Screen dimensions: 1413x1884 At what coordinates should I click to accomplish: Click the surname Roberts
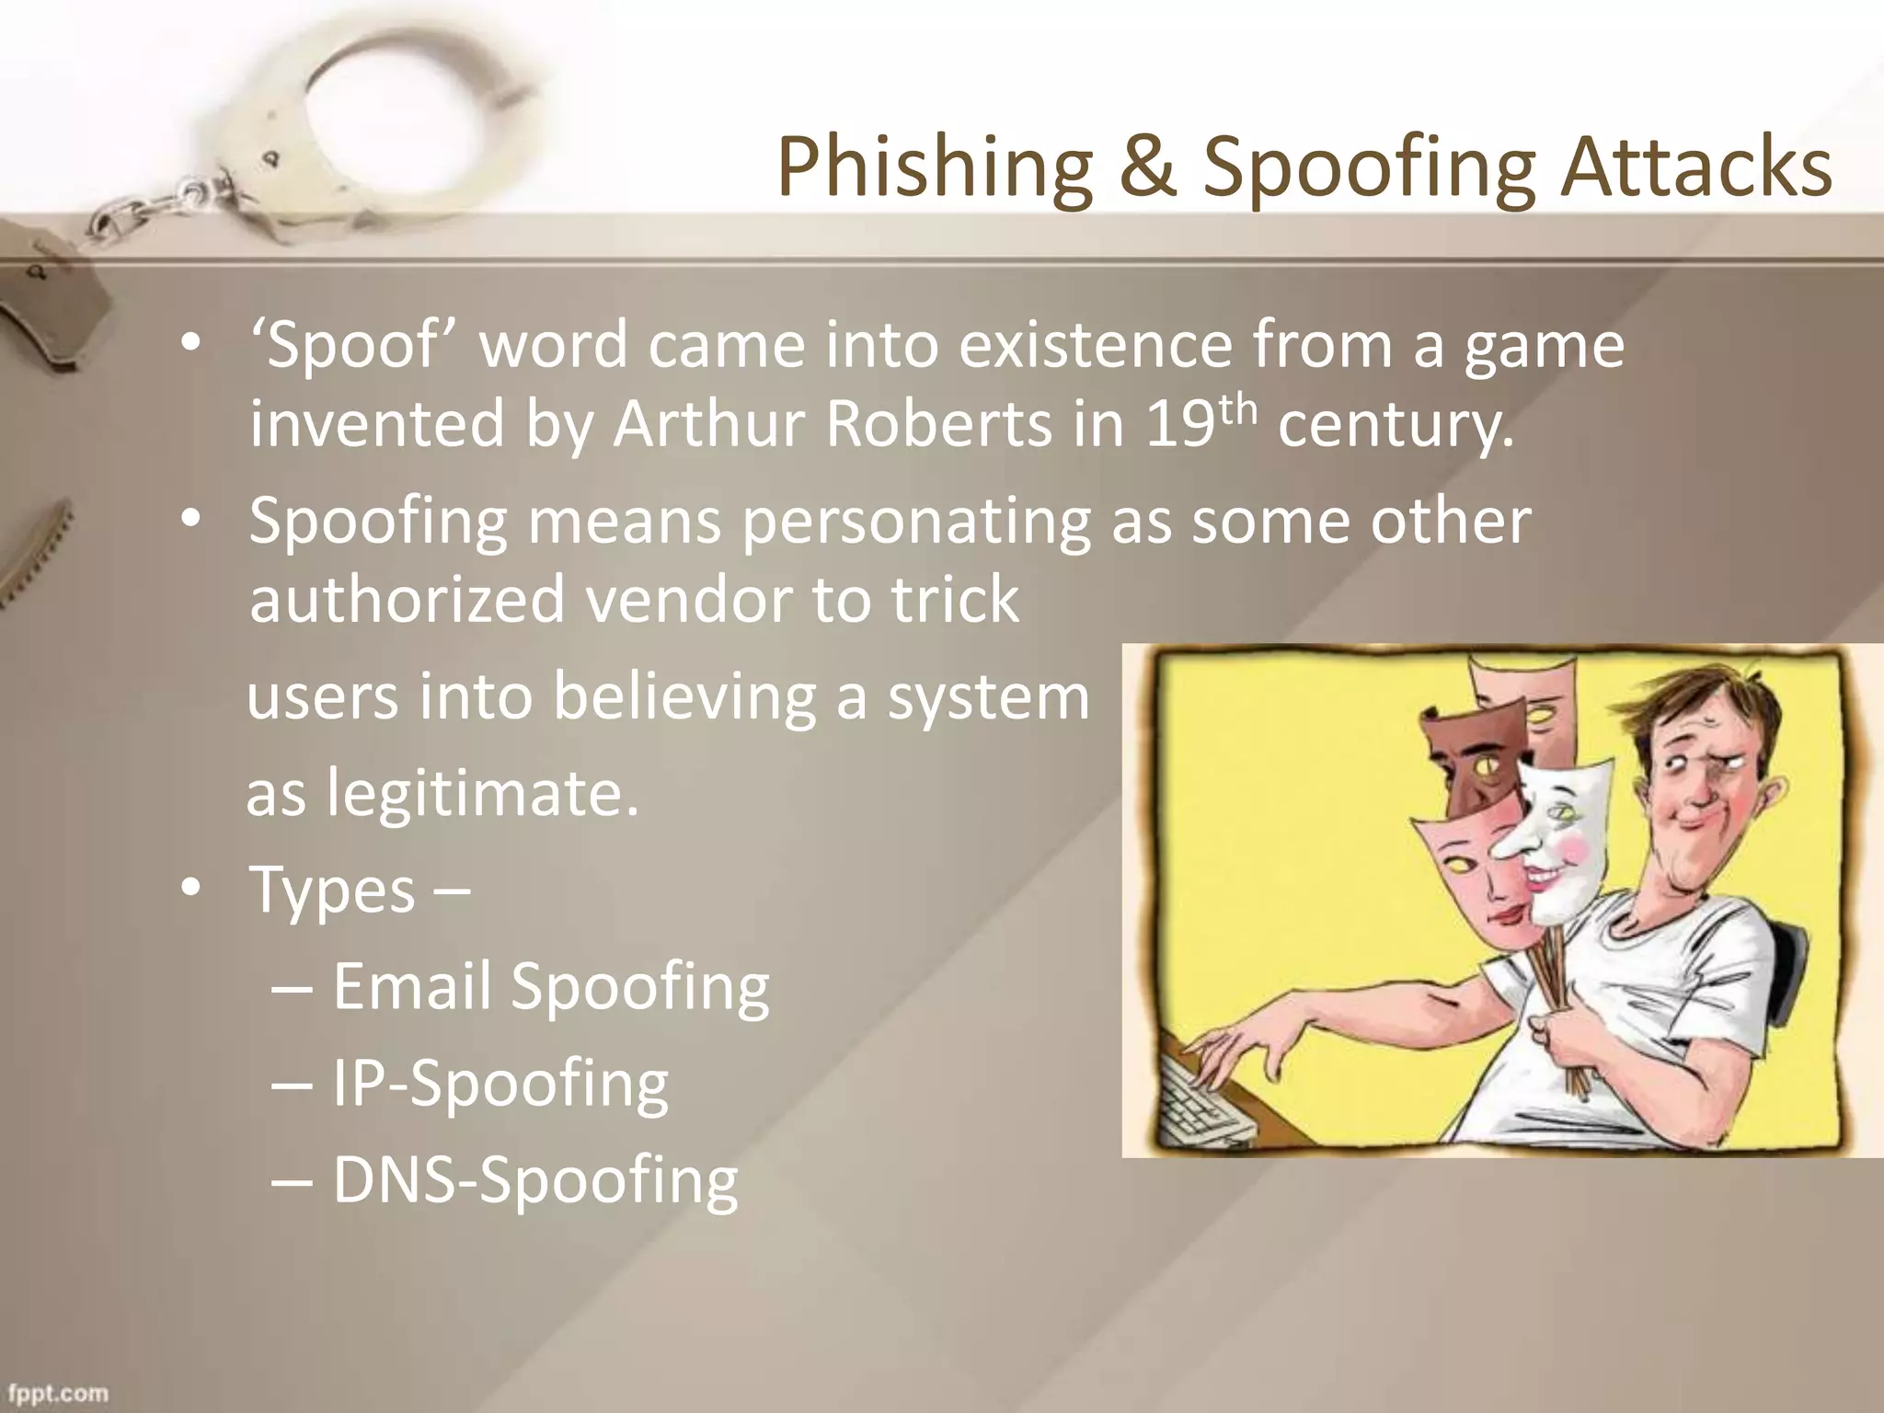(x=938, y=424)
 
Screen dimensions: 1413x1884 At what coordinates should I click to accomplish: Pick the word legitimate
(x=482, y=793)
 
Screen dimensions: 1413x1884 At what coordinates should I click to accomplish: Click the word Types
(x=333, y=890)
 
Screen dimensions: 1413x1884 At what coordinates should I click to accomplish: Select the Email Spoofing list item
(x=550, y=986)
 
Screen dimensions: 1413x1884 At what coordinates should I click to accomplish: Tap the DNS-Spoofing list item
(x=534, y=1180)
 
